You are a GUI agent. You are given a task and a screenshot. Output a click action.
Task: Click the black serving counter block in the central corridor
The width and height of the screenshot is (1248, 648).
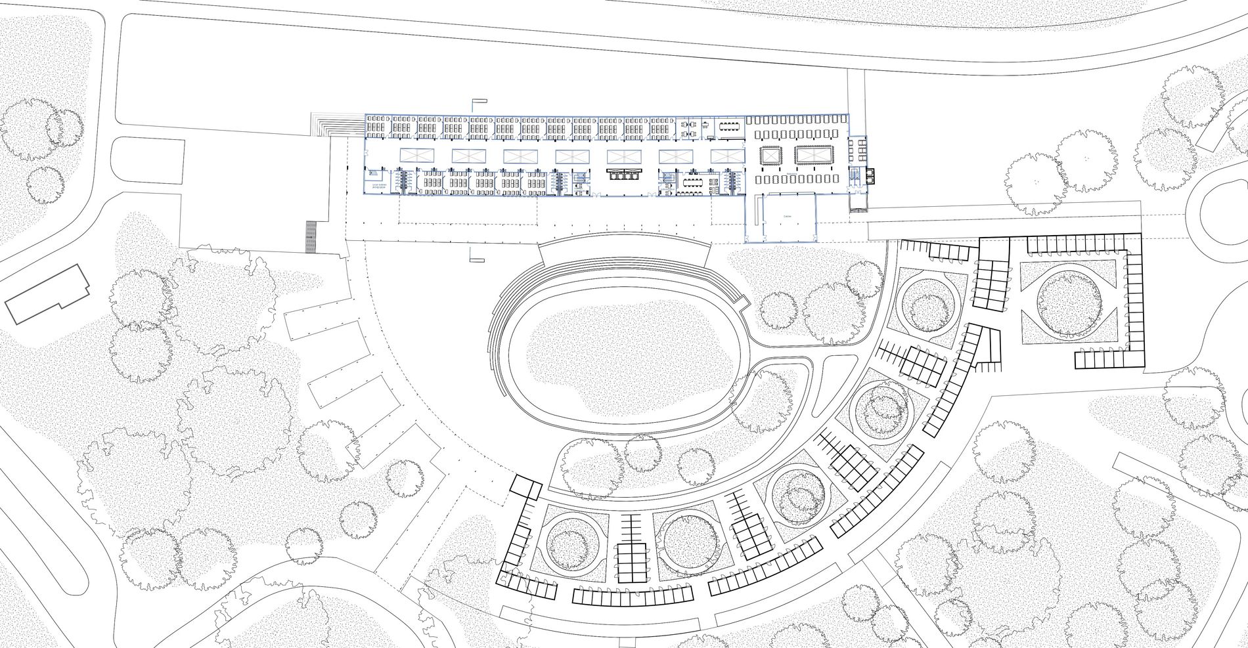(x=623, y=174)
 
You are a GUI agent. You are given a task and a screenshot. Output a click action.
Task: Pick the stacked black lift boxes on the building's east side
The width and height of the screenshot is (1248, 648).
(x=870, y=175)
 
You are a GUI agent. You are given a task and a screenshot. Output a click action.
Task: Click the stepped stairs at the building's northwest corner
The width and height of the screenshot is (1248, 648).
(x=338, y=125)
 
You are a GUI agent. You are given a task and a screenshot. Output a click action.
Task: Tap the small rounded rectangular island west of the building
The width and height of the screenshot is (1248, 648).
(x=146, y=162)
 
